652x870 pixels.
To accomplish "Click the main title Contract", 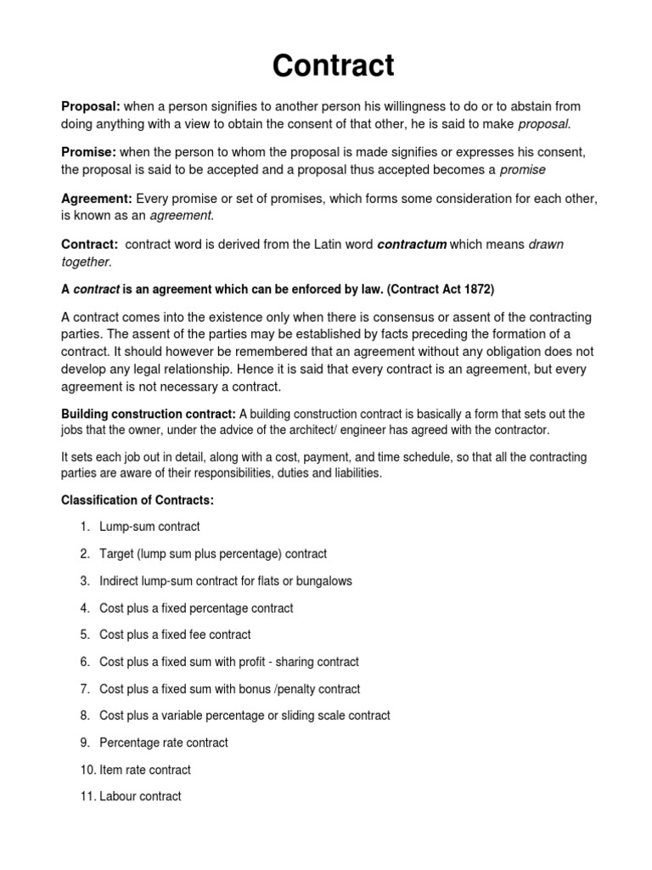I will click(x=333, y=65).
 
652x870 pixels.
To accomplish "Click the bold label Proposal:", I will click(x=92, y=106).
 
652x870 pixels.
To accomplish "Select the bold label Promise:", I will click(x=89, y=152).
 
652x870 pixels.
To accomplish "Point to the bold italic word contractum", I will click(x=411, y=245).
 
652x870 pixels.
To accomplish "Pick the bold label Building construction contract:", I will click(x=149, y=414).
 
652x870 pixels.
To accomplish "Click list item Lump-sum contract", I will click(x=149, y=527).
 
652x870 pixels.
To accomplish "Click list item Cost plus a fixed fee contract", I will click(x=175, y=635).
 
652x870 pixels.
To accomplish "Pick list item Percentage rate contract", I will click(x=164, y=743).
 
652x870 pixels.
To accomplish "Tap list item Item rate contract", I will click(x=145, y=770).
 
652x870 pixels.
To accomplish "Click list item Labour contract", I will click(x=140, y=797).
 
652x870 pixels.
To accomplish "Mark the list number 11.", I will click(x=87, y=797).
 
